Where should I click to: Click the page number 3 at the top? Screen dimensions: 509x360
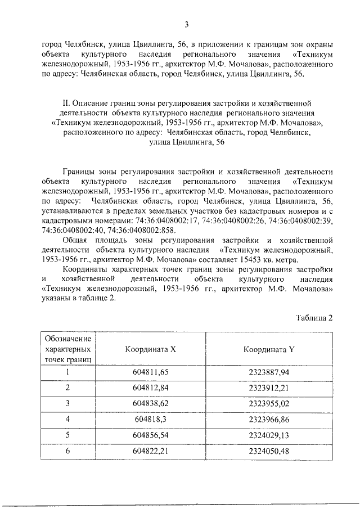point(186,23)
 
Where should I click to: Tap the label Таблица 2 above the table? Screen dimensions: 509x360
point(315,318)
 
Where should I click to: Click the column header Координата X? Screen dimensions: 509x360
point(150,349)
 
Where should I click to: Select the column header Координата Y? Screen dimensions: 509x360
point(269,349)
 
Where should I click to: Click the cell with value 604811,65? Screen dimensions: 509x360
point(150,372)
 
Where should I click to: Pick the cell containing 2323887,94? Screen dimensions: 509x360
point(269,372)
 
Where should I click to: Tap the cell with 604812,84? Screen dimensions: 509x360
point(150,388)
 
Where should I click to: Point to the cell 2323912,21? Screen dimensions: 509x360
point(269,388)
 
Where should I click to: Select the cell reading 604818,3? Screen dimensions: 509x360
point(150,420)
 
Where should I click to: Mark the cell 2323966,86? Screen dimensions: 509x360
point(269,420)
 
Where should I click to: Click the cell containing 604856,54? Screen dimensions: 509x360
point(150,435)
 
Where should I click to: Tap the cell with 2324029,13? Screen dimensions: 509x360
point(269,435)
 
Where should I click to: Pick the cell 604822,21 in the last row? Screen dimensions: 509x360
point(150,451)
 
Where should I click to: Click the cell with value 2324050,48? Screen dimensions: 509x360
point(269,451)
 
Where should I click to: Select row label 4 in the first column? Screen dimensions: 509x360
point(67,420)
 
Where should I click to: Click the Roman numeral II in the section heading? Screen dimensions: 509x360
point(65,103)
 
